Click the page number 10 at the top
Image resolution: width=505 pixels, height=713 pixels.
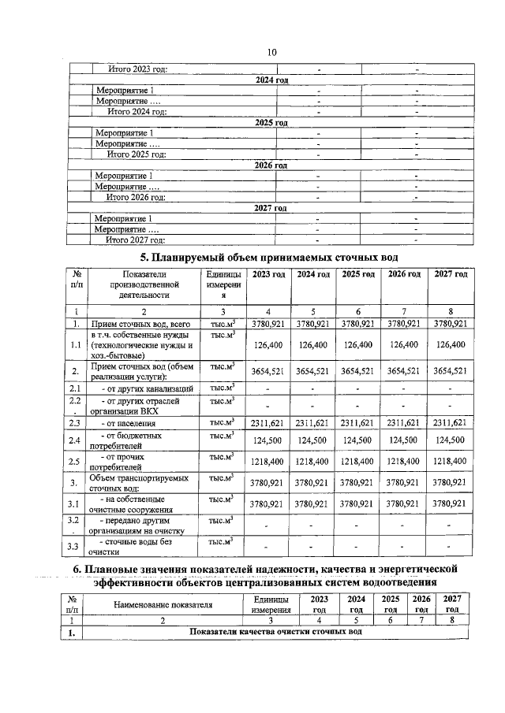tap(271, 53)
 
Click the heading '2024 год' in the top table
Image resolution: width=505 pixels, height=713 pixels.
tap(271, 80)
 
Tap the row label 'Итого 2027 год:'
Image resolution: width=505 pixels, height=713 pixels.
tap(136, 240)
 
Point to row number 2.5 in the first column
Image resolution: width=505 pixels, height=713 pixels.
tap(73, 461)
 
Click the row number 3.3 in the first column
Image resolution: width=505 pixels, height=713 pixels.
tap(73, 546)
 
